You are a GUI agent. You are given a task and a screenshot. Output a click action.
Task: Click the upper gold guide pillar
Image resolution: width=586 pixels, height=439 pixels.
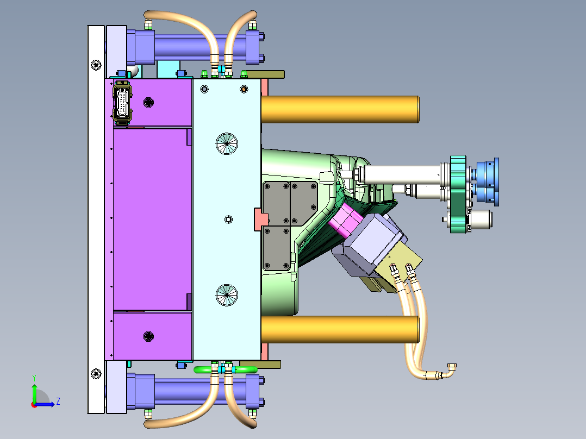point(340,109)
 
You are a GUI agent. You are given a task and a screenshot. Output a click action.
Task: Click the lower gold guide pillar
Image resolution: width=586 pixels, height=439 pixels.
point(340,329)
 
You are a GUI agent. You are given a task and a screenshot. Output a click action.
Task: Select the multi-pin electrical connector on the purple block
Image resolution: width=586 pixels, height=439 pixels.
point(122,103)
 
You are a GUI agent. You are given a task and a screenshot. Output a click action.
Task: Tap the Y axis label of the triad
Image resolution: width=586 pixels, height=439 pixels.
point(34,378)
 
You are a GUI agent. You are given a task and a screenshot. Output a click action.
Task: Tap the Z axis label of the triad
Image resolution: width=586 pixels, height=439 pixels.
point(58,402)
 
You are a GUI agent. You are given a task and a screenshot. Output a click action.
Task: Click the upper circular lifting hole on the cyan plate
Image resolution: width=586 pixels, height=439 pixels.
point(227,143)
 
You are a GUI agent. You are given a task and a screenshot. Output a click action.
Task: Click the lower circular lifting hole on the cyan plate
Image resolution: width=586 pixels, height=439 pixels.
point(227,295)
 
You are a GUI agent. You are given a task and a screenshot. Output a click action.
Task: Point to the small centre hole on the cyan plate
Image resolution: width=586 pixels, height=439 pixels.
point(228,220)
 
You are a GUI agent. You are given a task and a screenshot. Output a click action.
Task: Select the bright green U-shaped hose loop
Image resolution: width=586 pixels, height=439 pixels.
point(226,370)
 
